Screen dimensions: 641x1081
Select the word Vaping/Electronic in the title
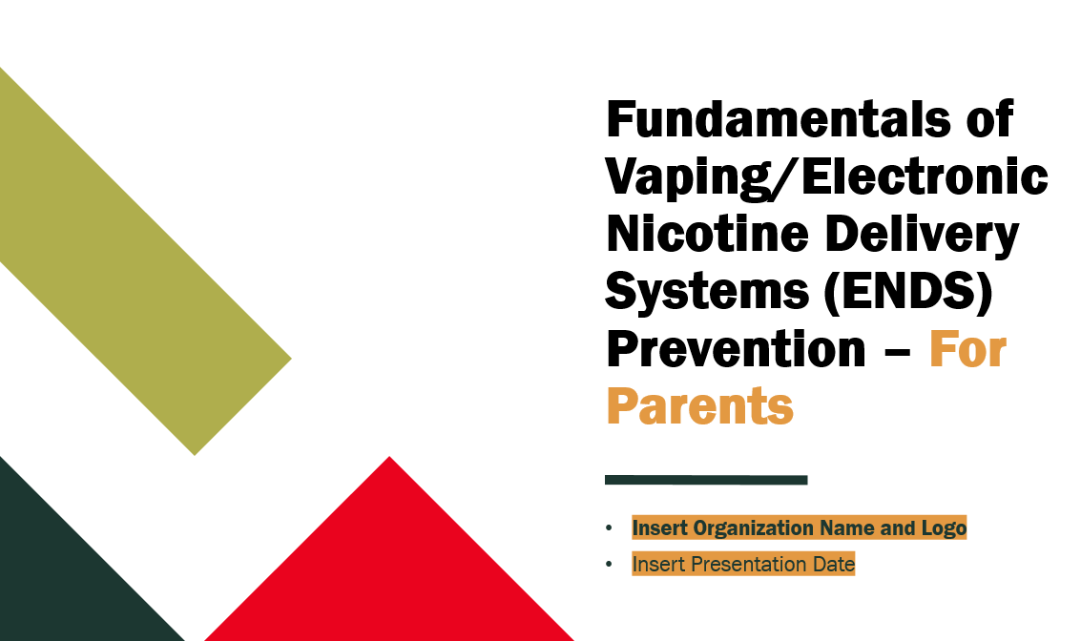(827, 178)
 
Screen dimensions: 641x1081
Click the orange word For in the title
(968, 349)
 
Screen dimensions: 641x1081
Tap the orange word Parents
(699, 405)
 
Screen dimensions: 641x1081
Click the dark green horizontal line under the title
(706, 480)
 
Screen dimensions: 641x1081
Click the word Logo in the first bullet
(945, 527)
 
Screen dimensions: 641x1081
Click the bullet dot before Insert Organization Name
(610, 528)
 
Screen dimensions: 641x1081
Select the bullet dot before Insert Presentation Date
(610, 565)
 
